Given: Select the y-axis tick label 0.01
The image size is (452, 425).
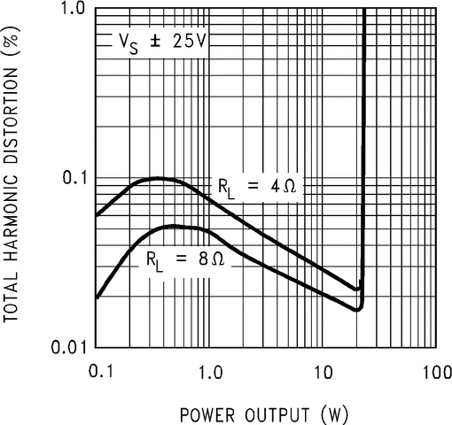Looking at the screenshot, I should coord(67,345).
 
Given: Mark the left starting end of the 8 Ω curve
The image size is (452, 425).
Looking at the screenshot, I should coord(97,297).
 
